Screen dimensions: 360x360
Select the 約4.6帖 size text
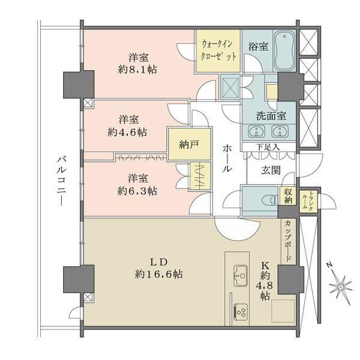(x=128, y=132)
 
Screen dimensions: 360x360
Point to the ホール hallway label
(x=227, y=158)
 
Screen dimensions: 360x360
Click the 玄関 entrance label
(x=270, y=170)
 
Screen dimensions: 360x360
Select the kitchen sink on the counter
(x=239, y=274)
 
